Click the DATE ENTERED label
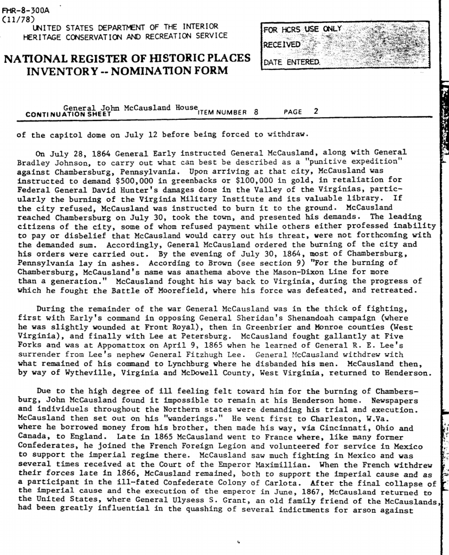click(x=291, y=62)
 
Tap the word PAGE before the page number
click(x=293, y=112)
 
